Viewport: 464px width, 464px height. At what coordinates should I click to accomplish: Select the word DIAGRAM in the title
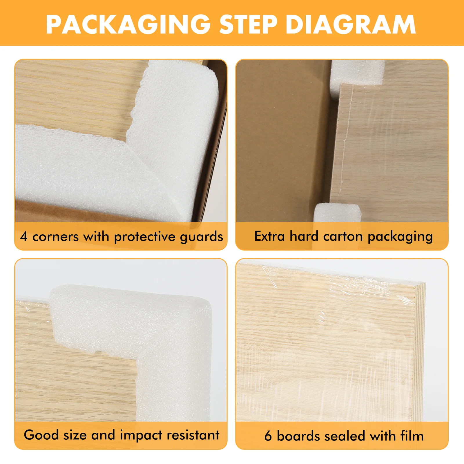coord(351,24)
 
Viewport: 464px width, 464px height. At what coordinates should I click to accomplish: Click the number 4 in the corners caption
coord(24,236)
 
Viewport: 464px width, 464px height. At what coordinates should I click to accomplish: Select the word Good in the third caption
coord(41,435)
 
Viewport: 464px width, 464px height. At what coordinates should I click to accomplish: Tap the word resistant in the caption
coord(193,435)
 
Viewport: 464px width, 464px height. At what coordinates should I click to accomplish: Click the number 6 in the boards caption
coord(268,436)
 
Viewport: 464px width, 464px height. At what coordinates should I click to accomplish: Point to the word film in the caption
coord(412,436)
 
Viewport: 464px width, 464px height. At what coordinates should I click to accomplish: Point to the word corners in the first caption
coord(55,237)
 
